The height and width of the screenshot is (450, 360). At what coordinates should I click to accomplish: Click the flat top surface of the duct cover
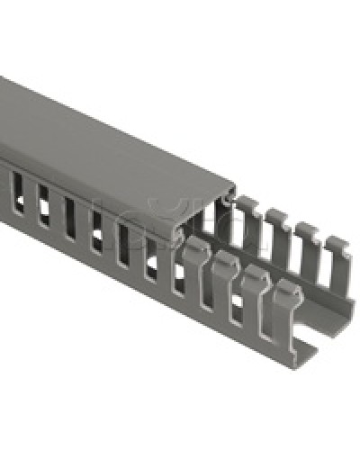click(x=117, y=144)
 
